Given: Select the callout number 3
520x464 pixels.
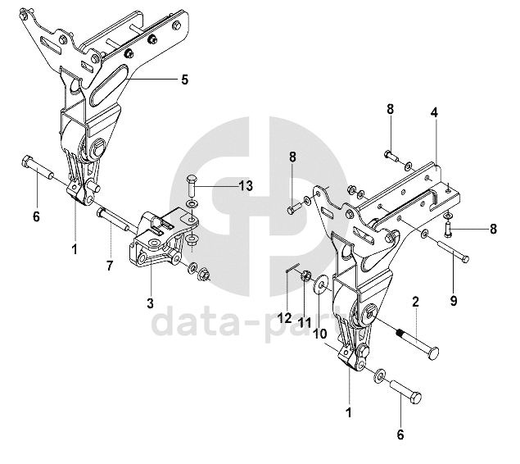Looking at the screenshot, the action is [x=151, y=303].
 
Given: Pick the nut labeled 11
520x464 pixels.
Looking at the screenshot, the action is [x=305, y=275].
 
